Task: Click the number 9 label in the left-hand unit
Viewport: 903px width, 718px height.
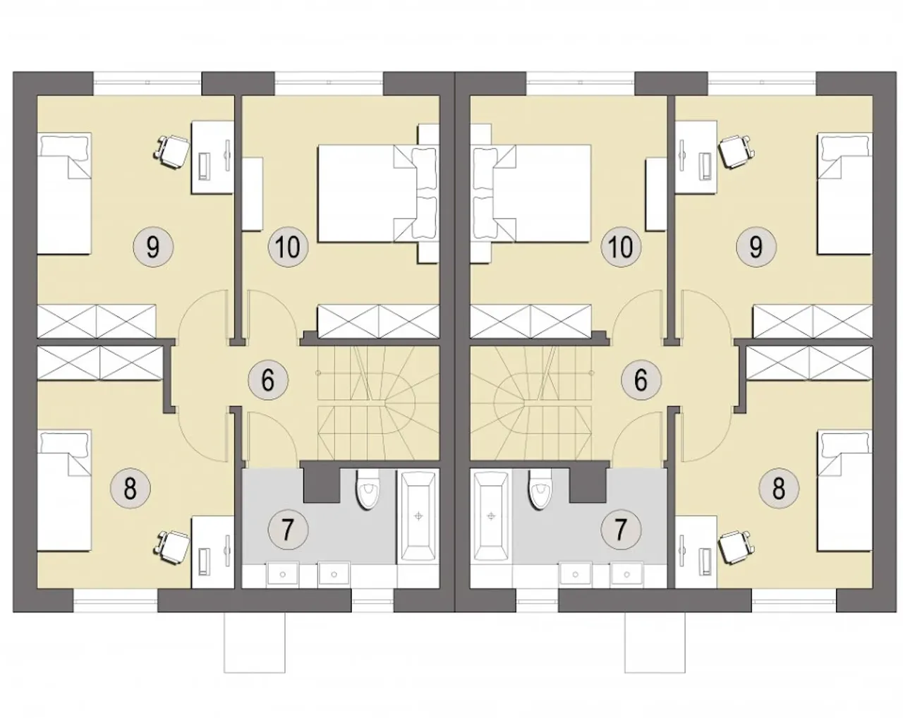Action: coord(153,248)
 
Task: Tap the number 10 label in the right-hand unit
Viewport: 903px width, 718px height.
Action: coord(621,248)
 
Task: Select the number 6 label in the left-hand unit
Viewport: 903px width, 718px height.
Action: coord(268,380)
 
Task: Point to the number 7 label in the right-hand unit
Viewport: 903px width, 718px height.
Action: coord(621,530)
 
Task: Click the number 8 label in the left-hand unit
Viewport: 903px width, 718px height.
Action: coord(130,489)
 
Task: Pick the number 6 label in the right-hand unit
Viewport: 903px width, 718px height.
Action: coord(641,380)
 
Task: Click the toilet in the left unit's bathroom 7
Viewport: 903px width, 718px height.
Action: coord(367,489)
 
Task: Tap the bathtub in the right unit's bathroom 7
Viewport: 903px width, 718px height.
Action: coord(491,517)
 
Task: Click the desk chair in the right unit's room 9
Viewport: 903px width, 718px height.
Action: coord(734,152)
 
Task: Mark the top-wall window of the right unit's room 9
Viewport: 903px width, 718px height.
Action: coord(762,83)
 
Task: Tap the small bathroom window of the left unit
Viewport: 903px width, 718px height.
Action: coord(372,601)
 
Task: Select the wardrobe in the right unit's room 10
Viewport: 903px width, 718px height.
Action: coord(531,322)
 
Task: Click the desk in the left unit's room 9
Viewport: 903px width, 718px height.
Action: coord(212,157)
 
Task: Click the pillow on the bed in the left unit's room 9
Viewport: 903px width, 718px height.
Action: coord(66,145)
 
